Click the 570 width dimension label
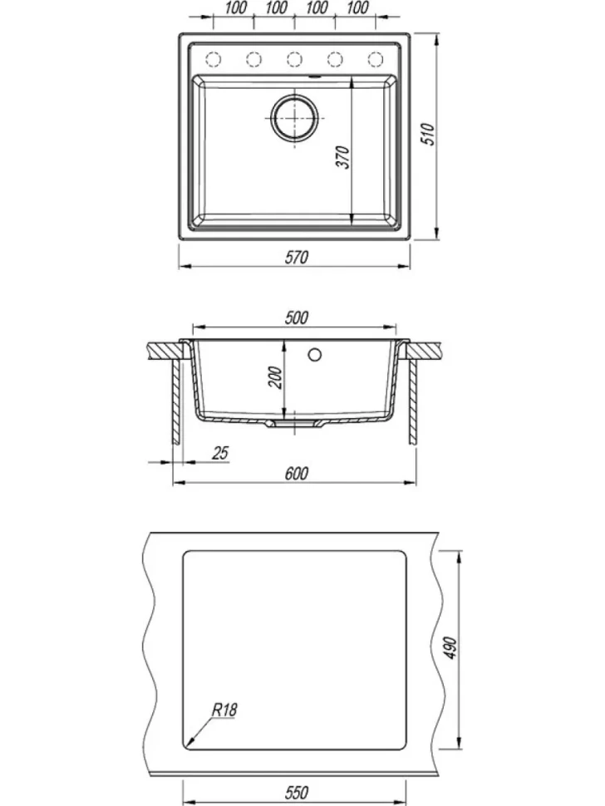297,257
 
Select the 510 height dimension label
429,134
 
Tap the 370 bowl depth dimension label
343,157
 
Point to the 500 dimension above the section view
297,317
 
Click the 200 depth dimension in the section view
276,377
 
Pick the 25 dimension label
220,454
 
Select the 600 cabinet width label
297,474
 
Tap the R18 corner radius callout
224,710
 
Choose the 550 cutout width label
297,792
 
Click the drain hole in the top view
294,118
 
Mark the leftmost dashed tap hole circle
213,60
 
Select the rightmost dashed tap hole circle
376,60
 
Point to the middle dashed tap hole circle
294,60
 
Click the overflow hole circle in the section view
315,354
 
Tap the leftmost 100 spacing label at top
235,7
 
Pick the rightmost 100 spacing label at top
357,7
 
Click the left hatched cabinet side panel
176,402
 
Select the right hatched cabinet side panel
413,402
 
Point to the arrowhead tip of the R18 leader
187,745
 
